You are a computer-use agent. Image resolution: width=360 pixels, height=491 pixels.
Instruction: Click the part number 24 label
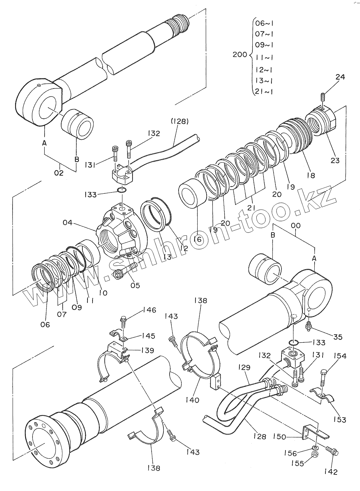tap(340, 77)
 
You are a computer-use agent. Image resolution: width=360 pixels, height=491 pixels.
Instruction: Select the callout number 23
tap(335, 161)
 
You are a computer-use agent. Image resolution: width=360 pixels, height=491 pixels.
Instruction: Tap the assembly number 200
tap(240, 54)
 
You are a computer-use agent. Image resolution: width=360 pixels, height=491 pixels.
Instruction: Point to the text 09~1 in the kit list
tap(264, 45)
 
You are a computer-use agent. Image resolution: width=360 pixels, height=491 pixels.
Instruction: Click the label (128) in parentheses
tap(180, 121)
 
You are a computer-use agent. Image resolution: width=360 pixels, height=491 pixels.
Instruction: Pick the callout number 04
tap(68, 222)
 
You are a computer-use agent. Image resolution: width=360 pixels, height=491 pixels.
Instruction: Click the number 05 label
tap(135, 285)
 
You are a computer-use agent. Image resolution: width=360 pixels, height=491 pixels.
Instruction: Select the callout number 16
tap(198, 239)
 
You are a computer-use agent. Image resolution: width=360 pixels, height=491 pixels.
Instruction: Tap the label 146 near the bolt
tap(149, 310)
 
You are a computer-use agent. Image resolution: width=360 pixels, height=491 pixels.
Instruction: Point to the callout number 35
tap(338, 337)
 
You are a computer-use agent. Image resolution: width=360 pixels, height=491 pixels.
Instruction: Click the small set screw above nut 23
tap(323, 97)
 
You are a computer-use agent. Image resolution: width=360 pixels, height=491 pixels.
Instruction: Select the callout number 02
tap(59, 173)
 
